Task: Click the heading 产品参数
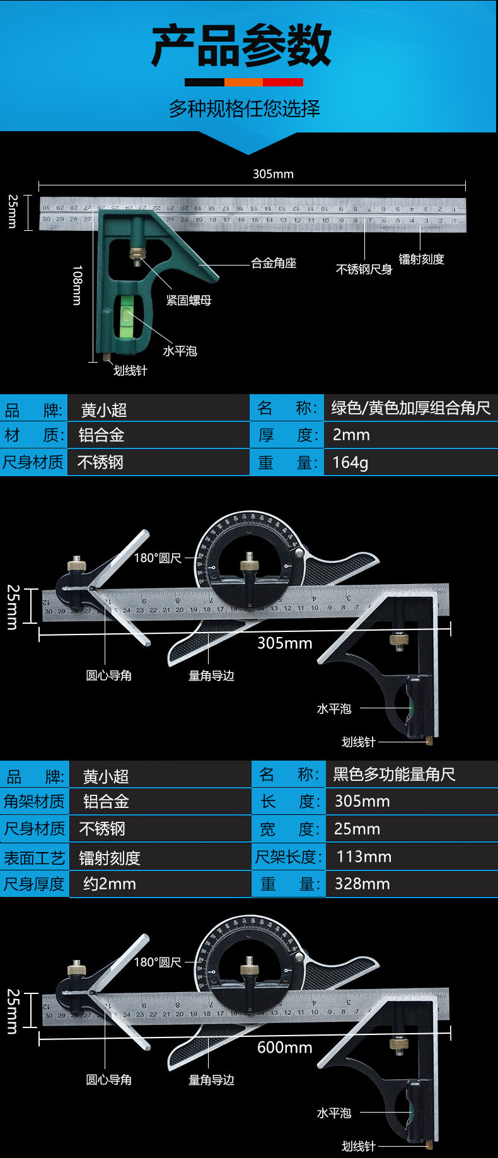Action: point(241,45)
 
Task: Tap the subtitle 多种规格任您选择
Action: point(245,108)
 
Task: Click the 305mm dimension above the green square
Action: point(273,174)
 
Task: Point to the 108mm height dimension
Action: point(77,285)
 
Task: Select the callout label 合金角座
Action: point(274,263)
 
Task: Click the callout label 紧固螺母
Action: point(188,300)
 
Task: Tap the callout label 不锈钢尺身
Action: point(364,269)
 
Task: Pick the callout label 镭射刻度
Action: point(421,259)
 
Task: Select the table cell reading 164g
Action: point(350,462)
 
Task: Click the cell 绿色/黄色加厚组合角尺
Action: point(410,408)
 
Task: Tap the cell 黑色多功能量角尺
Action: point(394,774)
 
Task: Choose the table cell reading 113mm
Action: point(364,857)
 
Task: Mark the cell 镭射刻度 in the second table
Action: point(110,858)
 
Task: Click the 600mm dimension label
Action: point(284,1047)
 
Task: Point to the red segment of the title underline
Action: point(283,82)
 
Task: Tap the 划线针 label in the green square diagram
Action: point(130,371)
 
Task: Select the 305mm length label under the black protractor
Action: point(284,643)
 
